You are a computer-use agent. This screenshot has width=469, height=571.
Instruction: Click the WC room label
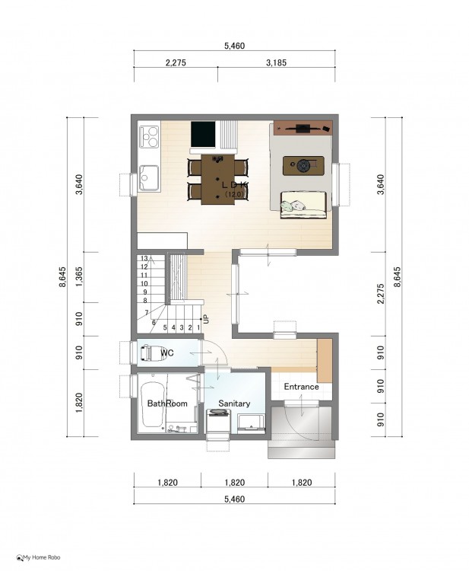tap(167, 352)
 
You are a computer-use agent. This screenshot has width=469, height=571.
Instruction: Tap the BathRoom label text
tap(167, 403)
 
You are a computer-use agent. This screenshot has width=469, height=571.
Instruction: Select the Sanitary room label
tap(234, 403)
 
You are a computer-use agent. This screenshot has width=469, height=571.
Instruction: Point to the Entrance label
tap(302, 386)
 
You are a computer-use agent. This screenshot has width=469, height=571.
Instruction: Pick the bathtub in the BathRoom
tap(154, 404)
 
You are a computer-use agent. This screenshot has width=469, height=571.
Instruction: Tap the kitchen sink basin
tap(149, 177)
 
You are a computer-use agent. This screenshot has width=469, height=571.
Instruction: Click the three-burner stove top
tap(149, 136)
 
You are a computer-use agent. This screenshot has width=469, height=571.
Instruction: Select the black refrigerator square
tap(203, 134)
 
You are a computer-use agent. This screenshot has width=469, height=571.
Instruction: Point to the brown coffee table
tap(303, 166)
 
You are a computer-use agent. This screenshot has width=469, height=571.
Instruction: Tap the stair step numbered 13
tap(144, 259)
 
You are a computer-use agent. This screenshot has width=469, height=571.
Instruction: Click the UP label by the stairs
tap(206, 319)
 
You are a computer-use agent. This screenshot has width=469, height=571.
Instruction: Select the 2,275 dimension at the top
tap(176, 62)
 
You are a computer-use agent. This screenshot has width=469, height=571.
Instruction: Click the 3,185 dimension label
tap(277, 62)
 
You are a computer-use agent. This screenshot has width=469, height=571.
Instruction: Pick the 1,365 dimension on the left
tap(79, 277)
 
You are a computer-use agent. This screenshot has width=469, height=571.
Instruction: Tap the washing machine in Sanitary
tap(218, 421)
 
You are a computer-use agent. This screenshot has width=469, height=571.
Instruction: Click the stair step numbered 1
tap(198, 327)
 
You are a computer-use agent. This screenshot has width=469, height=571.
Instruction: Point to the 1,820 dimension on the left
tap(79, 403)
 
